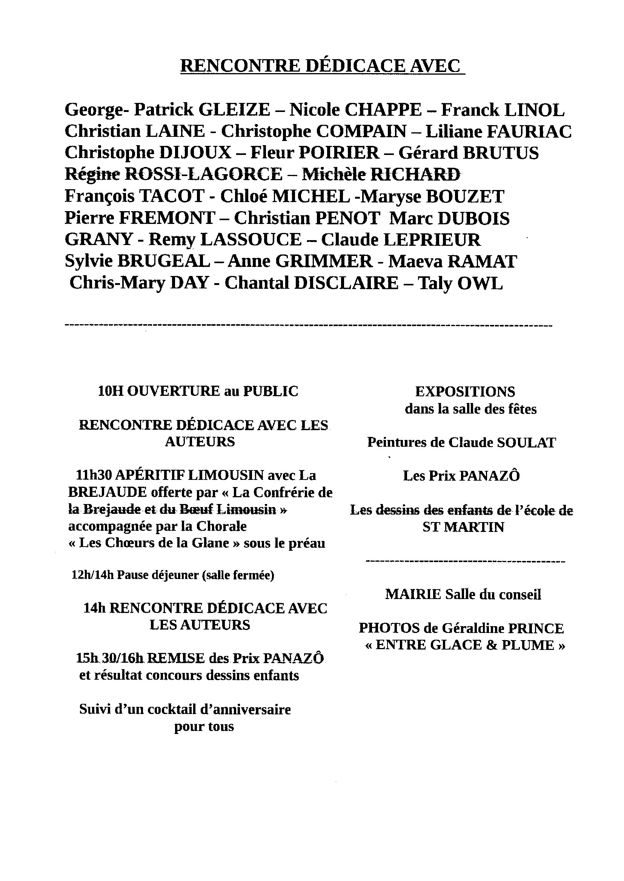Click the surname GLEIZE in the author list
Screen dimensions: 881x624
point(234,110)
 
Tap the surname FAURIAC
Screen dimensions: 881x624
point(529,132)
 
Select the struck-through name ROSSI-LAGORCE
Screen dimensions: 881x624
point(204,175)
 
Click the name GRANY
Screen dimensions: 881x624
point(98,240)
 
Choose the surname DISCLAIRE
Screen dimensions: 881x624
point(346,283)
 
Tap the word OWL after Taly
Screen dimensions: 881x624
point(480,284)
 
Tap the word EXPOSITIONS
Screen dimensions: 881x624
point(465,392)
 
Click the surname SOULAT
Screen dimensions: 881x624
point(526,443)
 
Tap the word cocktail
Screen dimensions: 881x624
point(172,709)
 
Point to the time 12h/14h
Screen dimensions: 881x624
point(92,575)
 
